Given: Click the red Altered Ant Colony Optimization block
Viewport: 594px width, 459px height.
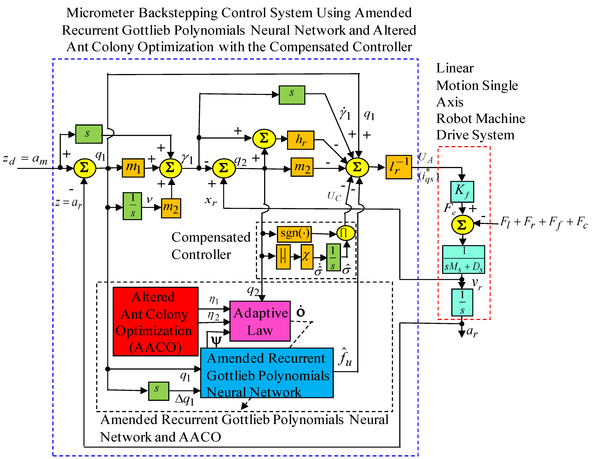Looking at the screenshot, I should (x=155, y=321).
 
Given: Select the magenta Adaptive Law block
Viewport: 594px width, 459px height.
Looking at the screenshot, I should (x=260, y=321).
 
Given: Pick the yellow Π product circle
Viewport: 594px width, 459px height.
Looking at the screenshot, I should (x=346, y=233).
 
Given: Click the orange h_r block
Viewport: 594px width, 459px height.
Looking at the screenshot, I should (x=301, y=140).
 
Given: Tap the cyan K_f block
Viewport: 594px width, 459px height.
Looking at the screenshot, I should (x=462, y=191).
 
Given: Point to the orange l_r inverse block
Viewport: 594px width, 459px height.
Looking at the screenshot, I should (x=398, y=167).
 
